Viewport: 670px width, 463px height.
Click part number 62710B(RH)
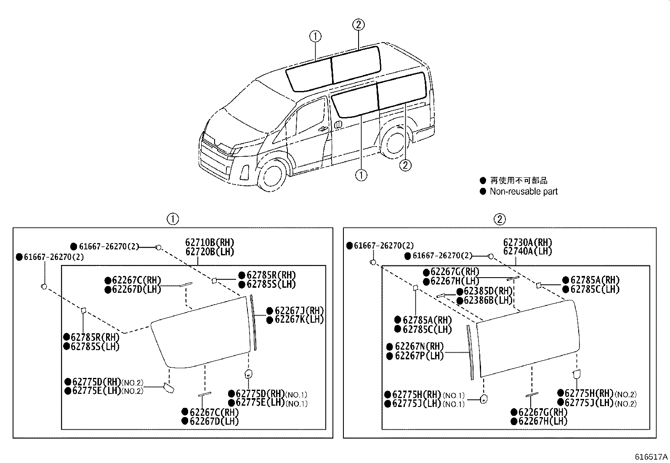pos(210,243)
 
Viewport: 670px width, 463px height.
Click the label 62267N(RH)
pos(419,347)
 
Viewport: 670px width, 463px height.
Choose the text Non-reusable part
pos(523,192)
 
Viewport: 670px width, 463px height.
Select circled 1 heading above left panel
pos(173,219)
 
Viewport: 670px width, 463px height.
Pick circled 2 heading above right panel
pos(499,219)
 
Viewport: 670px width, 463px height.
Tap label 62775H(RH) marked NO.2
pos(589,394)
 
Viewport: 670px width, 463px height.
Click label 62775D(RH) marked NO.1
pos(260,394)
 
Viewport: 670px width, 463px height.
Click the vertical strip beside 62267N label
pos(470,352)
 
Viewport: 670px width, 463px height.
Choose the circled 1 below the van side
pos(361,174)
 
